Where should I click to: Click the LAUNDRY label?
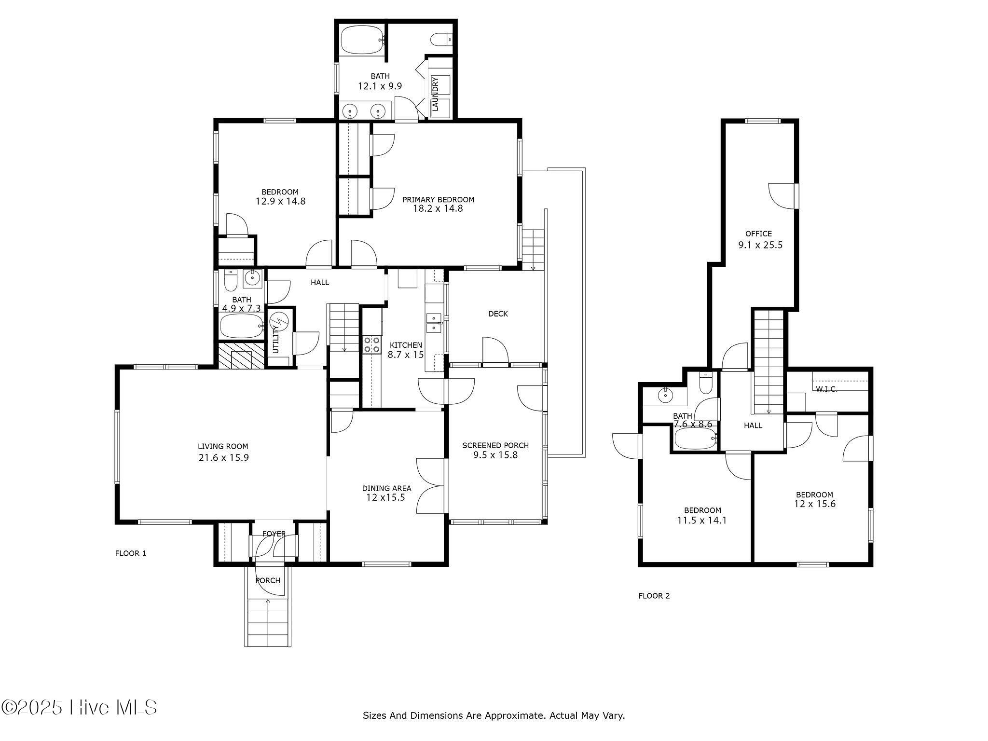tap(435, 94)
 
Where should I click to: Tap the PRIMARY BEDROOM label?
tap(438, 199)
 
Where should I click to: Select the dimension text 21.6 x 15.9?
tap(223, 458)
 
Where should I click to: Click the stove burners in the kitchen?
tap(371, 345)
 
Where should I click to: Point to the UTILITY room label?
tap(276, 340)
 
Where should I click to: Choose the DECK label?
tap(498, 314)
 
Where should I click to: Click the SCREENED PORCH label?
tap(495, 445)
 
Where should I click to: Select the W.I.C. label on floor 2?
tap(826, 389)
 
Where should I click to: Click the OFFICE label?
tap(758, 233)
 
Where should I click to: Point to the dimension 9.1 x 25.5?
tap(760, 245)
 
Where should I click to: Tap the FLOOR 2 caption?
tap(654, 596)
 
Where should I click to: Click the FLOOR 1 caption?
tap(130, 553)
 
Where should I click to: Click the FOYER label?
tap(274, 534)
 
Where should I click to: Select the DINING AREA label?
tap(386, 488)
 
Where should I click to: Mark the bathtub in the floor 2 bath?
tap(694, 439)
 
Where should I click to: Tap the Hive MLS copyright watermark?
tap(80, 708)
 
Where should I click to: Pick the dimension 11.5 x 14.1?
tap(702, 521)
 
